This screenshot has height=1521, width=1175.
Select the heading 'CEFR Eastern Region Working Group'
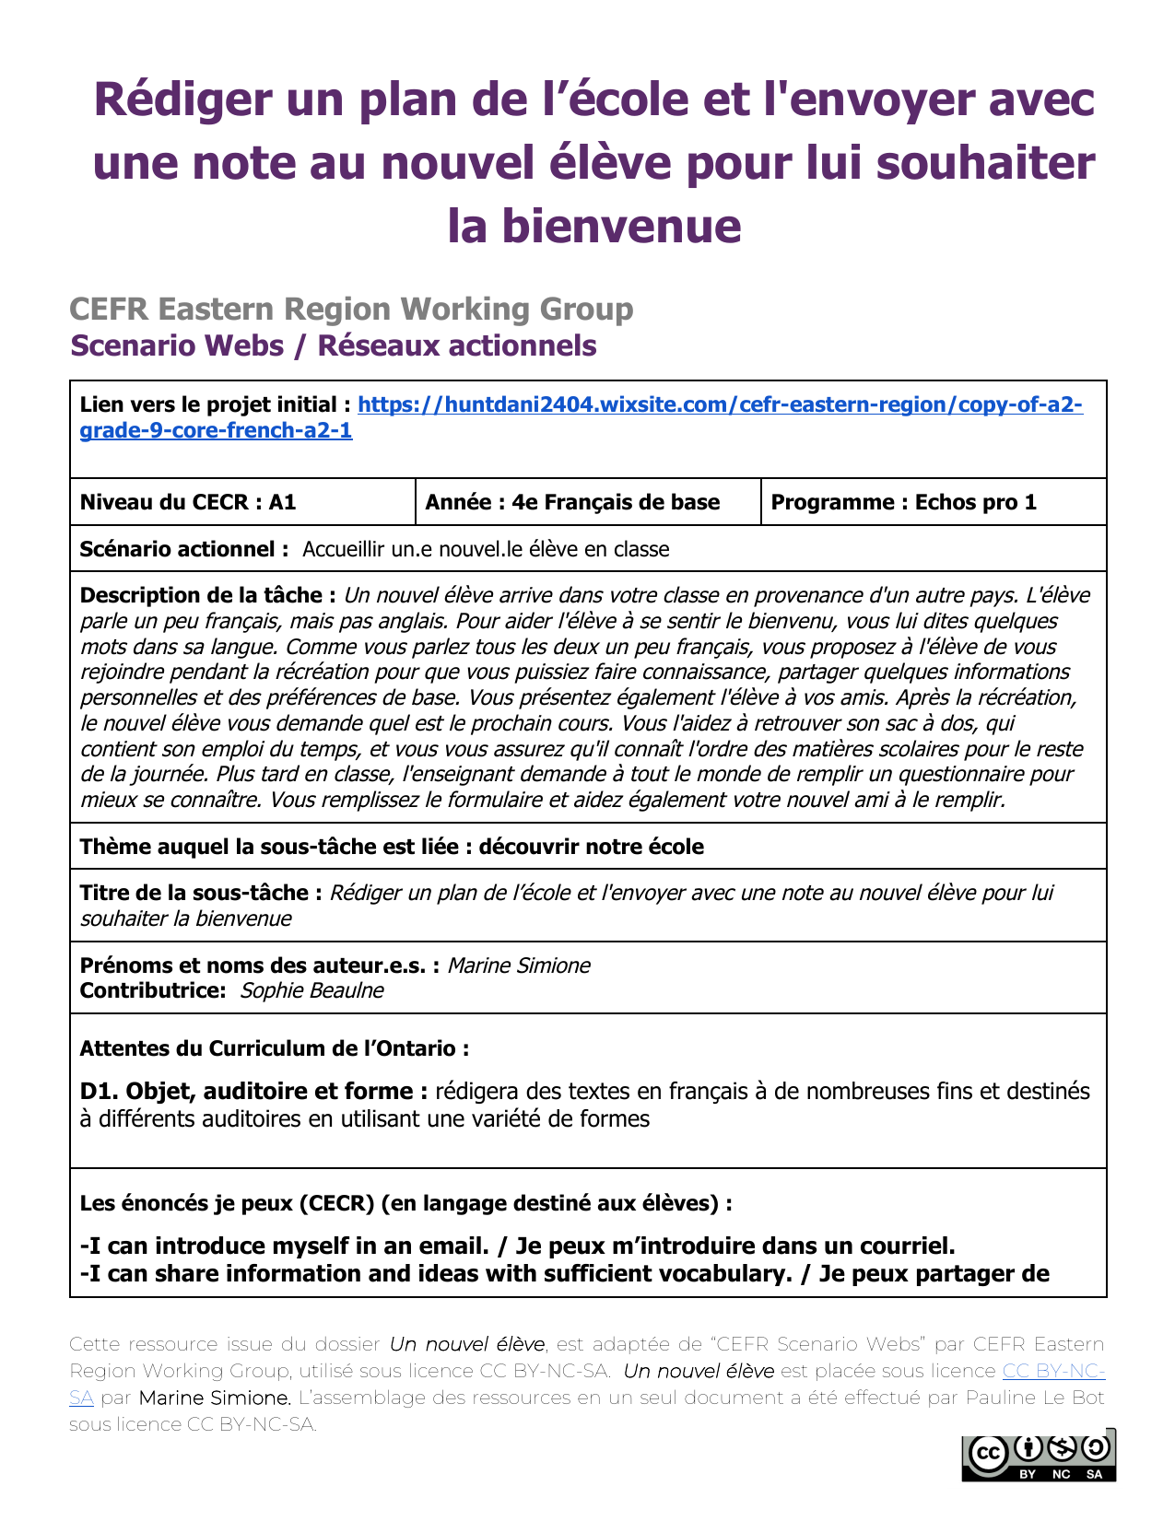(x=351, y=310)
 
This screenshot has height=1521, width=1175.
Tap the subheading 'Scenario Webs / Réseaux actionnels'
(x=334, y=345)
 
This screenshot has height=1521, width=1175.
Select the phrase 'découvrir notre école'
(x=591, y=848)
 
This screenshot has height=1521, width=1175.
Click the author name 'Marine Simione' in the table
(x=519, y=966)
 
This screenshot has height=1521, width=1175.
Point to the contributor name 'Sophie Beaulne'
(x=311, y=991)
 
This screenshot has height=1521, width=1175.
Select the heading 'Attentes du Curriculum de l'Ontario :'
(x=275, y=1049)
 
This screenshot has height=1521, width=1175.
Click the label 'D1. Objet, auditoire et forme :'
(x=253, y=1092)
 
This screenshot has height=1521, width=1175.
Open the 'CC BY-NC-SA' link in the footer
(x=1052, y=1372)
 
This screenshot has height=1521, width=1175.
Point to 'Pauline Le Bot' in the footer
(x=1034, y=1398)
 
